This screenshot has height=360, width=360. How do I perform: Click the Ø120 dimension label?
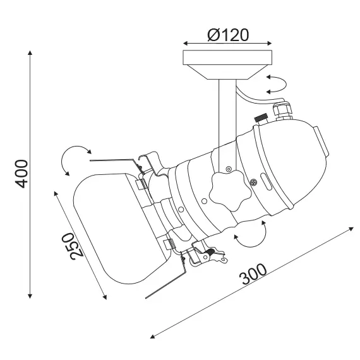point(228,35)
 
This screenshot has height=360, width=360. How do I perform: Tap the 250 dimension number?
point(76,246)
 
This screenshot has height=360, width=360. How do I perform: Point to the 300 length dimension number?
point(253,274)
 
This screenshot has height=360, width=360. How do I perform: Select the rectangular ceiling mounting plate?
point(227,57)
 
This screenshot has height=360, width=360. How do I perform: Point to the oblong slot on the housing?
point(266,182)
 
